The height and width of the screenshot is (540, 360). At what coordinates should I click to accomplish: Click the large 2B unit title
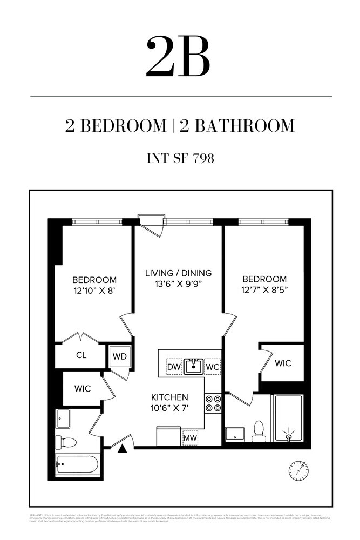tap(178, 56)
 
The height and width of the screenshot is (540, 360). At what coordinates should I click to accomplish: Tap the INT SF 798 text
tap(180, 158)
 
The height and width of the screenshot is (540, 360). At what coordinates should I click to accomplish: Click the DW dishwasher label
tap(173, 366)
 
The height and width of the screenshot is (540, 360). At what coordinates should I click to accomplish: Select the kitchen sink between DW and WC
tap(193, 366)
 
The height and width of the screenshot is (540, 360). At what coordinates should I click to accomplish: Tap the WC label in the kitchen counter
tap(213, 366)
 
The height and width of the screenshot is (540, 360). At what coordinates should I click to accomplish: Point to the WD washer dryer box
tap(118, 357)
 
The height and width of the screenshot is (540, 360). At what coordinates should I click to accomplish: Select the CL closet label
tap(81, 356)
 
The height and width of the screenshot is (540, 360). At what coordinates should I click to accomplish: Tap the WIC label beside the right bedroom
tap(283, 363)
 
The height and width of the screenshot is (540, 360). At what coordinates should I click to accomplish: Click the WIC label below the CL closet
tap(83, 388)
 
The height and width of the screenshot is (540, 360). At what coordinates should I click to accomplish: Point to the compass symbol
tap(298, 470)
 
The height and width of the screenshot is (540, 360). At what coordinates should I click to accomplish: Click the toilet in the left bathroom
tap(67, 442)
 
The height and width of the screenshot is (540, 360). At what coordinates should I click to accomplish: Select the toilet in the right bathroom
tap(259, 430)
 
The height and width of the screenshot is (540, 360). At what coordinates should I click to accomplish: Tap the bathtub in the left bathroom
tap(78, 464)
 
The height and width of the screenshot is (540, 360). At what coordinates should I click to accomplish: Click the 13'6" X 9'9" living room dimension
tap(178, 284)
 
